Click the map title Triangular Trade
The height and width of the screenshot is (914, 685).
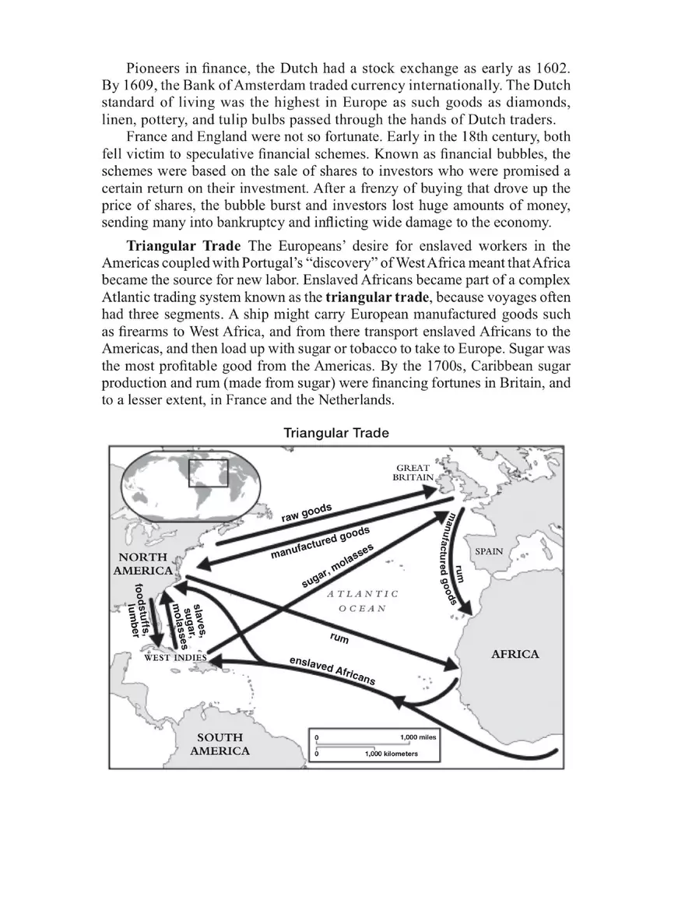[x=335, y=432]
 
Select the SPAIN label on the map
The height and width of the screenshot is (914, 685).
[x=489, y=551]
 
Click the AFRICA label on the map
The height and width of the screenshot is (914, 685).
[x=515, y=654]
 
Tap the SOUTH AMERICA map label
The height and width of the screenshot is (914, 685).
[x=220, y=744]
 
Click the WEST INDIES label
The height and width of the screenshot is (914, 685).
[x=175, y=657]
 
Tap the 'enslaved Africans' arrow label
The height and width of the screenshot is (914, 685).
[x=332, y=670]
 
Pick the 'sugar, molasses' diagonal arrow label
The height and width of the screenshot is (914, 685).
[x=337, y=566]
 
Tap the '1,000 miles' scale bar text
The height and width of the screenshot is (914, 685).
[x=417, y=736]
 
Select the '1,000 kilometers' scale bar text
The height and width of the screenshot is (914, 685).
[x=391, y=754]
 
